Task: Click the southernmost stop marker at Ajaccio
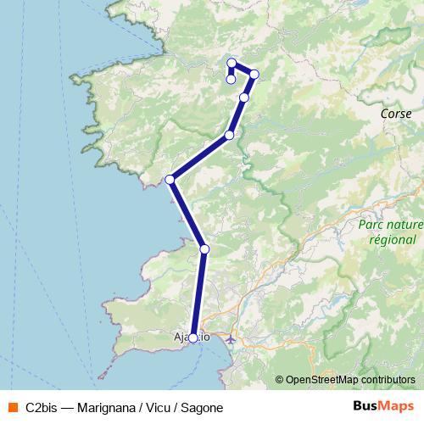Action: pyautogui.click(x=193, y=338)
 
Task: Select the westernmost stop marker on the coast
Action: pyautogui.click(x=170, y=179)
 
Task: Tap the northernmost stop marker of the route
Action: pyautogui.click(x=232, y=63)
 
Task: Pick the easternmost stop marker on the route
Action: pyautogui.click(x=254, y=75)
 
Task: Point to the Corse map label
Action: pyautogui.click(x=397, y=113)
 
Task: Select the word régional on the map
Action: pyautogui.click(x=388, y=239)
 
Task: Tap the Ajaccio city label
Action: pyautogui.click(x=191, y=337)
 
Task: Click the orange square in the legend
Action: pyautogui.click(x=13, y=407)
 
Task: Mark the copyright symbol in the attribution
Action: pyautogui.click(x=280, y=379)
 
